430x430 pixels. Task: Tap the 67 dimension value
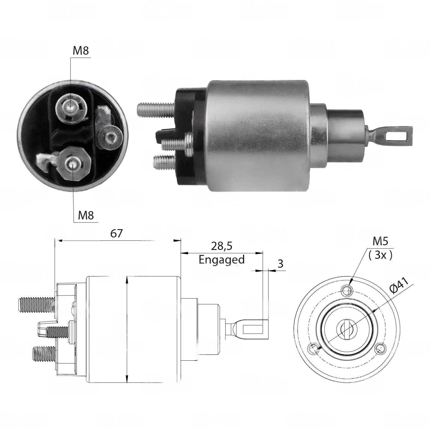116,233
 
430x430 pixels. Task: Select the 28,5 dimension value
221,246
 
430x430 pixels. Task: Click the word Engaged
222,260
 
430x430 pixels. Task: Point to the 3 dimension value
280,264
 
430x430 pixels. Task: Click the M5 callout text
380,242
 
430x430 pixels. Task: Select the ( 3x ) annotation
380,255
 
